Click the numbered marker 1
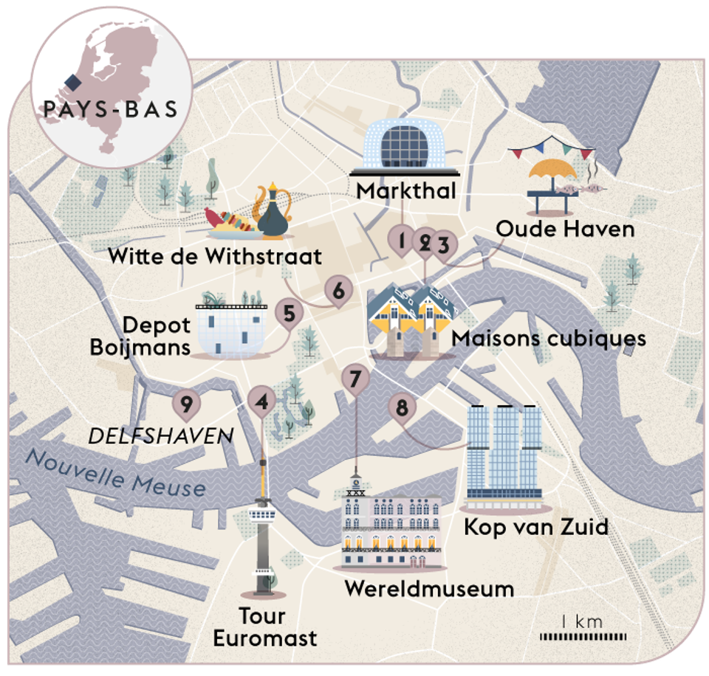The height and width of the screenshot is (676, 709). [401, 240]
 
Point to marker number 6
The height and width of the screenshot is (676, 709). [338, 291]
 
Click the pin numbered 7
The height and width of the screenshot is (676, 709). [355, 379]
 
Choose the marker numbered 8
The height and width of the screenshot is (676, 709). [402, 407]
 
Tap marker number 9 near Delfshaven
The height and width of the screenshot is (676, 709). [186, 404]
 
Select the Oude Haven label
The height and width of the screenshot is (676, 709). [565, 229]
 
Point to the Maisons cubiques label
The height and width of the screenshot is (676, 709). [549, 338]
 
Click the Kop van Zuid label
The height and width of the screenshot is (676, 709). [535, 527]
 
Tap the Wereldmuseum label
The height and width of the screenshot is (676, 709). [429, 589]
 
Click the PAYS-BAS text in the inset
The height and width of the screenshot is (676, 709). [111, 109]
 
